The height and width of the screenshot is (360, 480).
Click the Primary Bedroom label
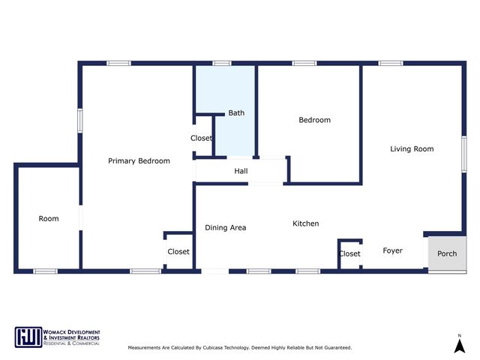click(x=139, y=161)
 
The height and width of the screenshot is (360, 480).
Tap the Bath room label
click(x=236, y=113)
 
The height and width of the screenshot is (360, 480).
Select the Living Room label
click(x=412, y=149)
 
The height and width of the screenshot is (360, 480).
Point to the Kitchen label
click(x=305, y=223)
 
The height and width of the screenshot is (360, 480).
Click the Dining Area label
click(x=225, y=228)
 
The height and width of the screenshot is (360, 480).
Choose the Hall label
click(x=241, y=172)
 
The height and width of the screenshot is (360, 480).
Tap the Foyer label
click(x=392, y=250)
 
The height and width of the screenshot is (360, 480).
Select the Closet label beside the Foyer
click(x=349, y=254)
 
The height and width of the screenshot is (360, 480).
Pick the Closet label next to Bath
click(x=201, y=139)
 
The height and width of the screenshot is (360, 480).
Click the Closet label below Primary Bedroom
click(x=178, y=252)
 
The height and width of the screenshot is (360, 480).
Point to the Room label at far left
click(x=49, y=219)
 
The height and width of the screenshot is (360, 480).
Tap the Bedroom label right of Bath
click(x=314, y=120)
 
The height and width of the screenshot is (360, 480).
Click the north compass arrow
click(x=459, y=345)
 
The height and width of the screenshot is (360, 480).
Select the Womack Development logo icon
click(x=27, y=337)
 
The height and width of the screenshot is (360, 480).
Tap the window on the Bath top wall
click(x=221, y=64)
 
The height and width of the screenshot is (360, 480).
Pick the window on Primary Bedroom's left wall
click(x=80, y=122)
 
